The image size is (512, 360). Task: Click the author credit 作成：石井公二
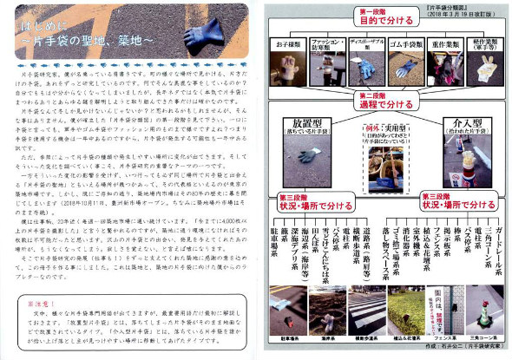click(x=460, y=352)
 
